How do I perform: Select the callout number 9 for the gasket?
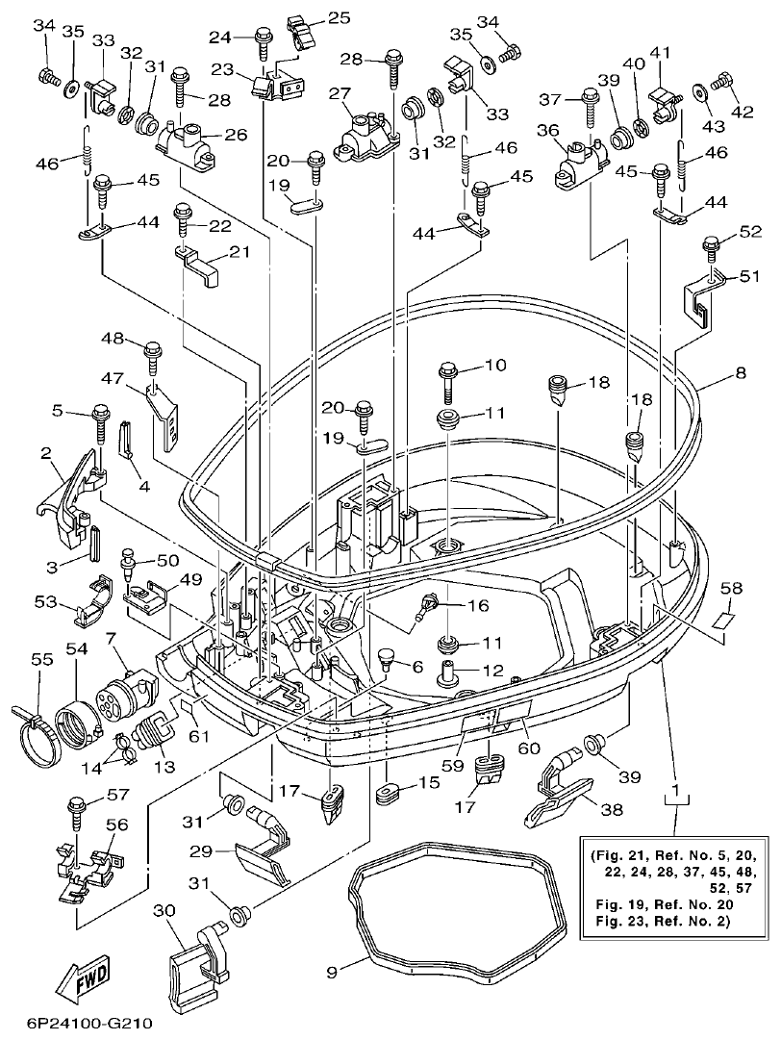331,973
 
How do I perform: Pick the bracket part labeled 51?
700,298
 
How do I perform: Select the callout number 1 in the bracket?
677,793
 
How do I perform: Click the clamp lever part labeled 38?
557,793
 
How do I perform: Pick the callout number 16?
478,605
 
